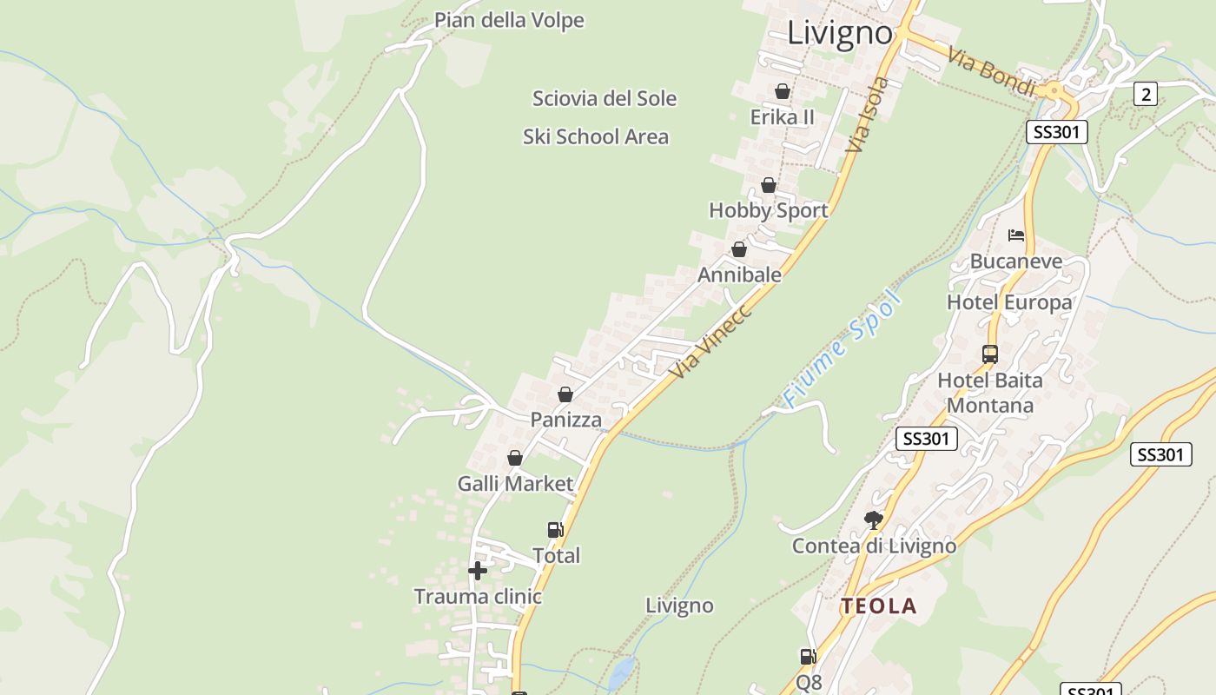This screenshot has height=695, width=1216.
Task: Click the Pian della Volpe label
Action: pyautogui.click(x=509, y=20)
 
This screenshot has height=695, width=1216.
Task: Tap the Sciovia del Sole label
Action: pyautogui.click(x=604, y=98)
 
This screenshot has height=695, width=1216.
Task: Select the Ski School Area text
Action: pyautogui.click(x=596, y=136)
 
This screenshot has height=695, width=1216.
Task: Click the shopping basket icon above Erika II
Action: pyautogui.click(x=783, y=91)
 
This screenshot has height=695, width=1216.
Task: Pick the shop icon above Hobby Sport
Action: pyautogui.click(x=769, y=185)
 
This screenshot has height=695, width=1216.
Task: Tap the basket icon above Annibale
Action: pyautogui.click(x=739, y=249)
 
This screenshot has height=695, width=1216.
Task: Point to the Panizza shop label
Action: pyautogui.click(x=566, y=420)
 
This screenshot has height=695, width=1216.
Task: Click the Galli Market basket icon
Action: pyautogui.click(x=515, y=458)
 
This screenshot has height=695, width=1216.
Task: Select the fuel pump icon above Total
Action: pyautogui.click(x=555, y=529)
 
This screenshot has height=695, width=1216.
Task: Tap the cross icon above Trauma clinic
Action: pyautogui.click(x=478, y=571)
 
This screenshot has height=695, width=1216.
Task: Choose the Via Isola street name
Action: pyautogui.click(x=868, y=116)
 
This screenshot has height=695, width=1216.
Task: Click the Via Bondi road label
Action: pyautogui.click(x=991, y=71)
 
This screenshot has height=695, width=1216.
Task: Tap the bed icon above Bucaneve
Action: pyautogui.click(x=1016, y=235)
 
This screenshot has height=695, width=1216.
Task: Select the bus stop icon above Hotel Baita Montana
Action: pyautogui.click(x=990, y=354)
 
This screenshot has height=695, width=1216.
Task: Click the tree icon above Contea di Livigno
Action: pyautogui.click(x=874, y=520)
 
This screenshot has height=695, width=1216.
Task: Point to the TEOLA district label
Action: pyautogui.click(x=878, y=606)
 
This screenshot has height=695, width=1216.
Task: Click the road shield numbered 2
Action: pyautogui.click(x=1146, y=94)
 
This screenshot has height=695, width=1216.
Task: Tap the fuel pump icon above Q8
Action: pyautogui.click(x=808, y=657)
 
